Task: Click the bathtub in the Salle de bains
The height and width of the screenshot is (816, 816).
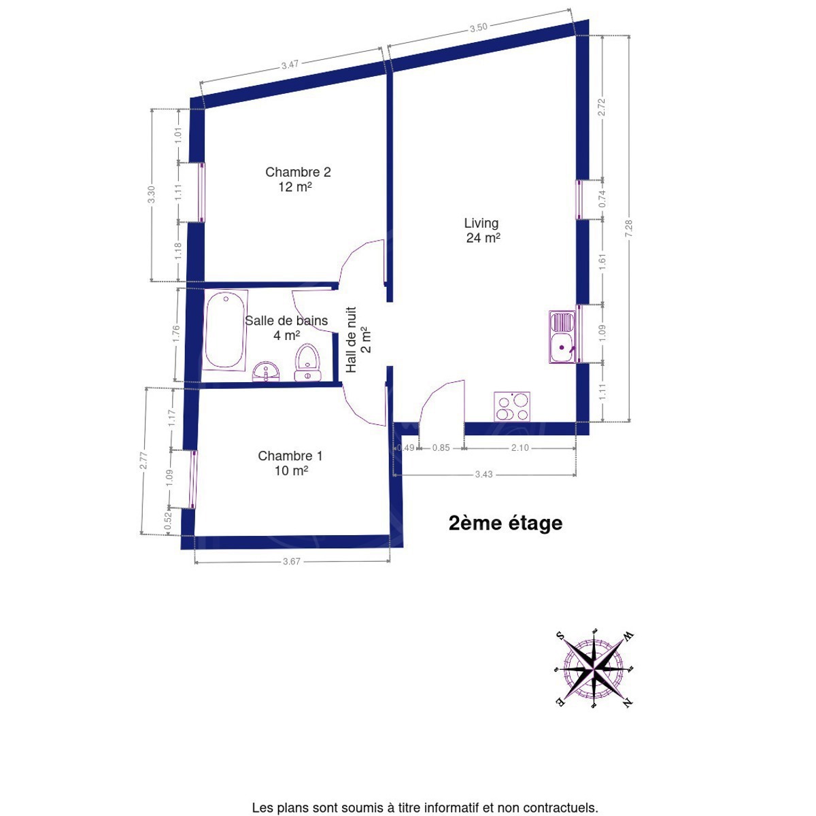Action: click(224, 330)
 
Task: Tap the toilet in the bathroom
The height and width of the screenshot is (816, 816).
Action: click(307, 362)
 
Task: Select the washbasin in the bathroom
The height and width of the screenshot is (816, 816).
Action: click(266, 372)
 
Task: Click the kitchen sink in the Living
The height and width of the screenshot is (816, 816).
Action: click(562, 337)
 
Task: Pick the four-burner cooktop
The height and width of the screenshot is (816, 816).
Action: click(512, 407)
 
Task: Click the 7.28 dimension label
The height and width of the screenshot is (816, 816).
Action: click(628, 228)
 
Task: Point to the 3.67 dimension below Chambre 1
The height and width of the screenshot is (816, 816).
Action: click(291, 562)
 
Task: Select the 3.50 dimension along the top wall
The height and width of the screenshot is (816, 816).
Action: click(479, 28)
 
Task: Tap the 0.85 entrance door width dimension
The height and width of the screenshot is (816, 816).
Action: click(441, 447)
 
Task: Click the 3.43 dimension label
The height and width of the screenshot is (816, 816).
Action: click(483, 474)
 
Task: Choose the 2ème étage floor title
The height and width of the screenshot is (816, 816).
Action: click(506, 524)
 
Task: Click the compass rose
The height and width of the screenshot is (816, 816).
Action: click(594, 670)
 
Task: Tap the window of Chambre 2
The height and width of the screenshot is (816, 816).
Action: click(201, 192)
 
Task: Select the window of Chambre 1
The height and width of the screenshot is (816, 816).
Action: click(194, 479)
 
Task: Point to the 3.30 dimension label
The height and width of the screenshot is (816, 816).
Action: click(152, 194)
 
